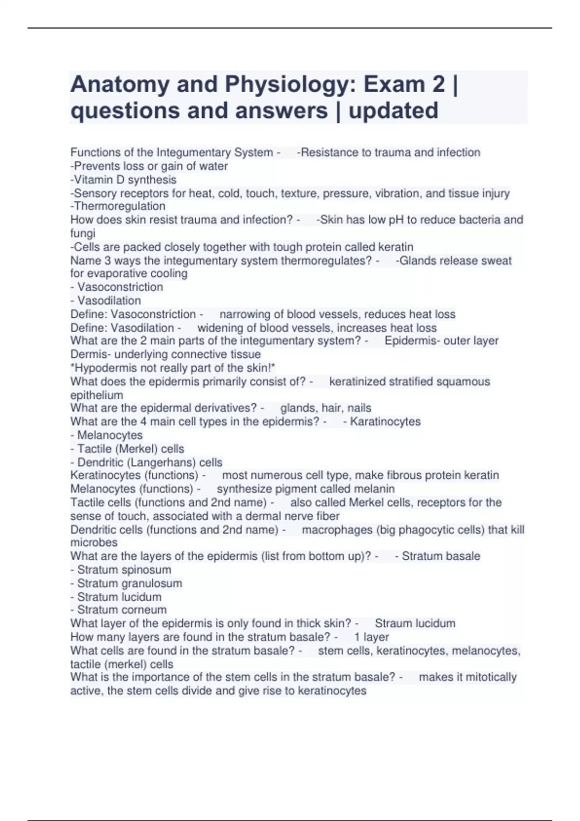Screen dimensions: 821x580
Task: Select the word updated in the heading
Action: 393,111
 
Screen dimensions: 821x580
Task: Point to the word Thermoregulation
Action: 119,206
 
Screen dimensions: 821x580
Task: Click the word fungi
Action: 83,233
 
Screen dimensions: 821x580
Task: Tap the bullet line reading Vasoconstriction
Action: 120,287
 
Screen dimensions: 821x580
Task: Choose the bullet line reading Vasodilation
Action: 109,300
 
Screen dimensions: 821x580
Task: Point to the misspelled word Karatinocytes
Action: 385,422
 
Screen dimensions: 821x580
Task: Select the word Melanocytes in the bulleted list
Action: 110,435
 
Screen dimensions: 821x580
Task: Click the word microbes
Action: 94,542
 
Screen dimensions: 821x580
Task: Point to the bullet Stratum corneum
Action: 122,610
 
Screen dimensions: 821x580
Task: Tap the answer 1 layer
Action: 371,637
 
